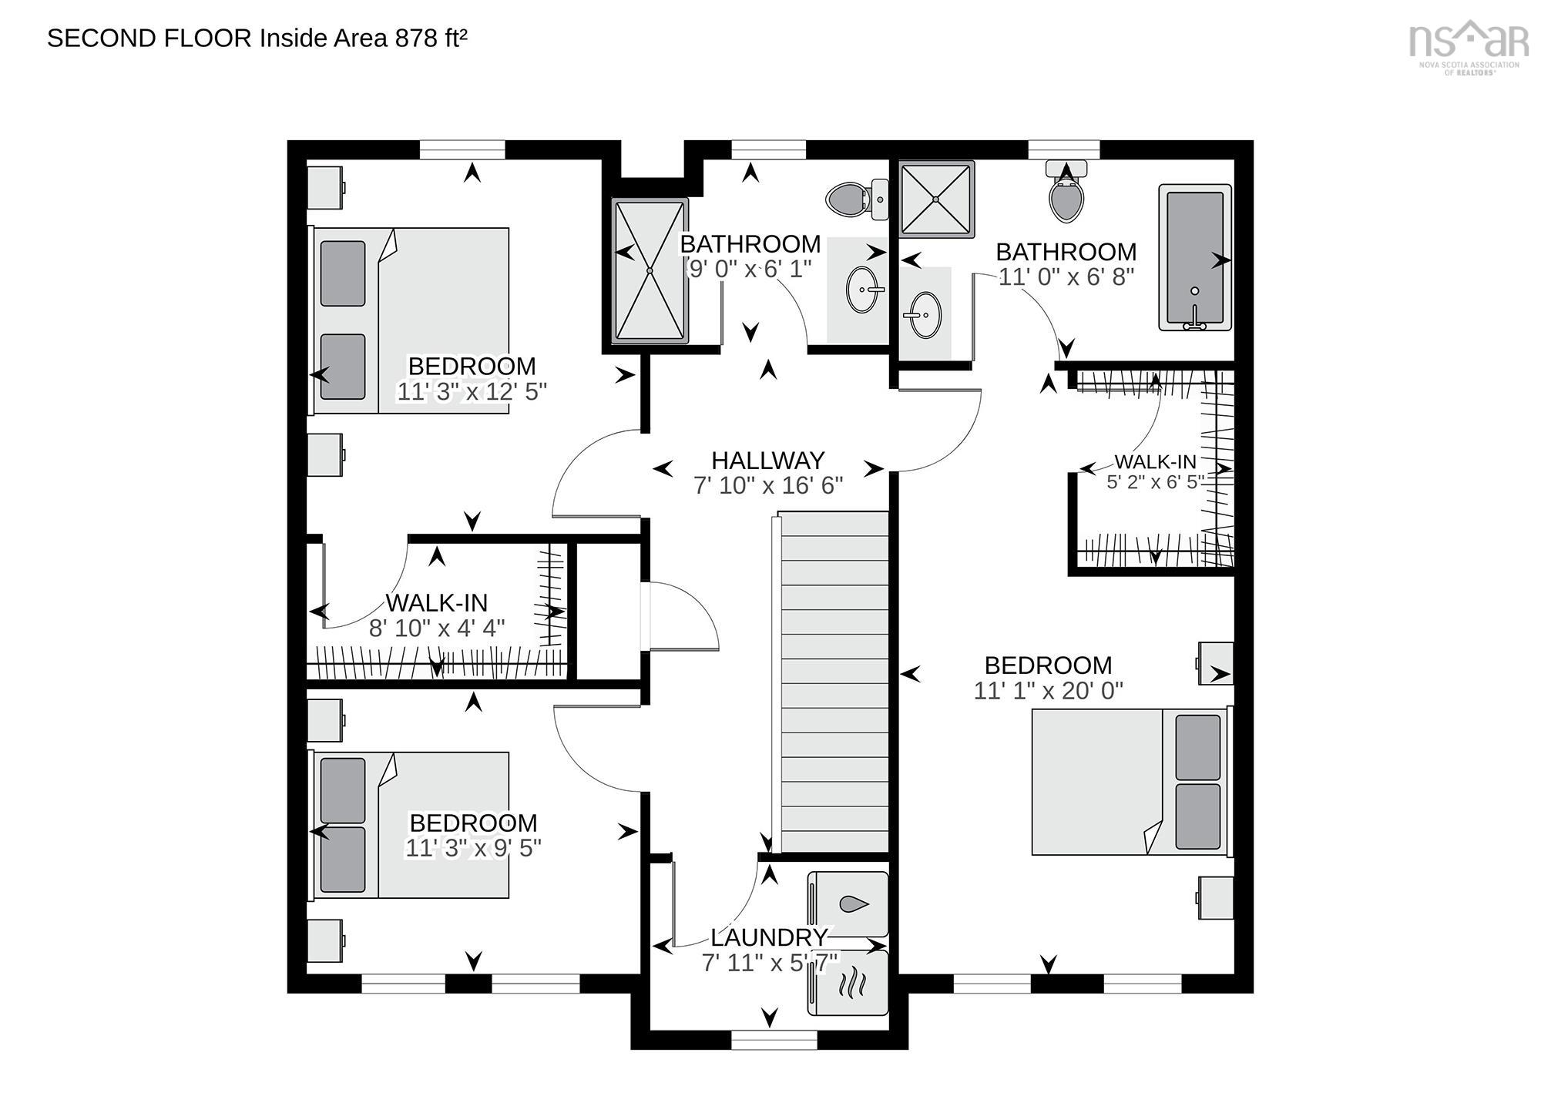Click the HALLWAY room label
(x=767, y=461)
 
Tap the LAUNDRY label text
(x=768, y=937)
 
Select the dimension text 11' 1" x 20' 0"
(x=1048, y=691)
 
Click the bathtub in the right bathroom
(x=1194, y=257)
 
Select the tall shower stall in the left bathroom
(x=650, y=270)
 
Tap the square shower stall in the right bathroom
(x=935, y=198)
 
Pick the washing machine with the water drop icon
(x=848, y=903)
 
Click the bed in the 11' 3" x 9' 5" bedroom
(x=412, y=825)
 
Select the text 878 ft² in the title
(x=431, y=38)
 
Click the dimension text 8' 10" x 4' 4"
(x=437, y=628)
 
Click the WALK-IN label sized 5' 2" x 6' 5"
(x=1155, y=462)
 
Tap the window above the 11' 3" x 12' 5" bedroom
(x=462, y=149)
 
